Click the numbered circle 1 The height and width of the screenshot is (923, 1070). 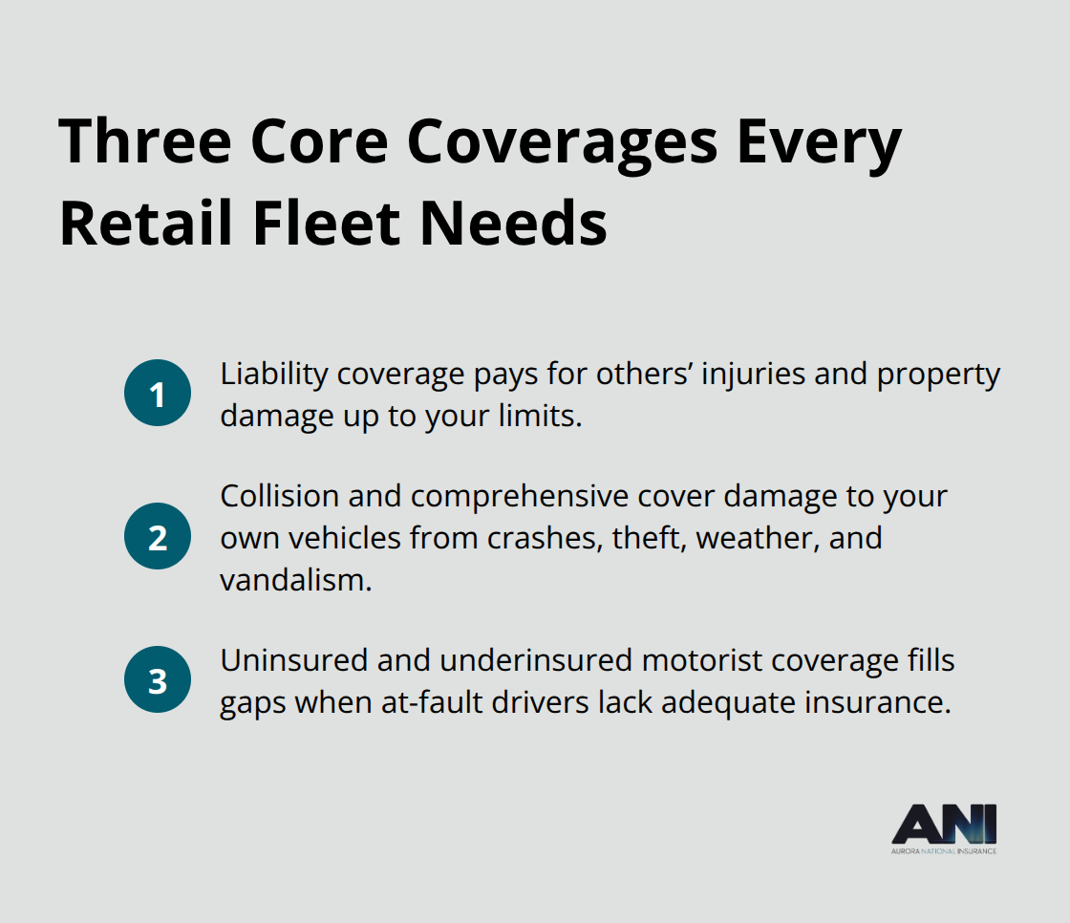point(158,393)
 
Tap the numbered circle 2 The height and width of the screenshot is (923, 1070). point(158,536)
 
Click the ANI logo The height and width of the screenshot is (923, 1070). point(943,827)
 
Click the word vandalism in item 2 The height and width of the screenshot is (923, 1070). point(293,579)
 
